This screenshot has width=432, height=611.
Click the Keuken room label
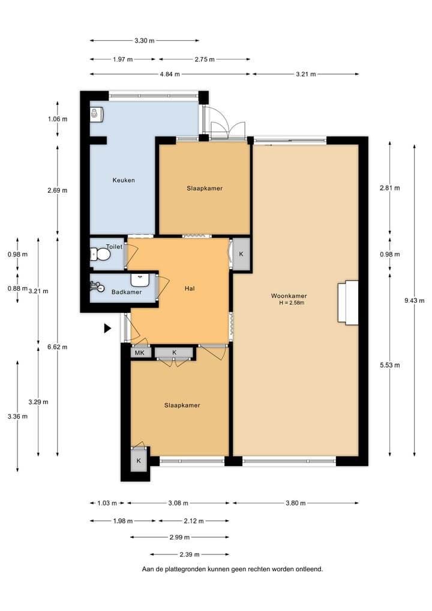click(x=124, y=180)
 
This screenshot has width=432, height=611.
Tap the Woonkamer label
click(x=288, y=296)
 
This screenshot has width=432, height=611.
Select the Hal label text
click(x=190, y=288)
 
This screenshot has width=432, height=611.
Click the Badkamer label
click(x=127, y=293)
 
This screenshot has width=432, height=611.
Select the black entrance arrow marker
click(x=107, y=328)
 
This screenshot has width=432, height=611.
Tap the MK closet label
click(x=139, y=353)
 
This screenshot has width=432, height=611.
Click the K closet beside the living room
click(x=241, y=254)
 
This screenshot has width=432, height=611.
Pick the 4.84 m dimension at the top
click(x=170, y=74)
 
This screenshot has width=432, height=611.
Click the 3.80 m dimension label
click(x=296, y=503)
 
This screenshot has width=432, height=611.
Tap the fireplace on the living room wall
click(x=347, y=303)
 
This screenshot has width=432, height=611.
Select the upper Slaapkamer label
click(x=204, y=189)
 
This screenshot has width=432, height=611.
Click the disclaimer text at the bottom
click(x=232, y=569)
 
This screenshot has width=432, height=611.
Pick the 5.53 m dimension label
click(x=389, y=365)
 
